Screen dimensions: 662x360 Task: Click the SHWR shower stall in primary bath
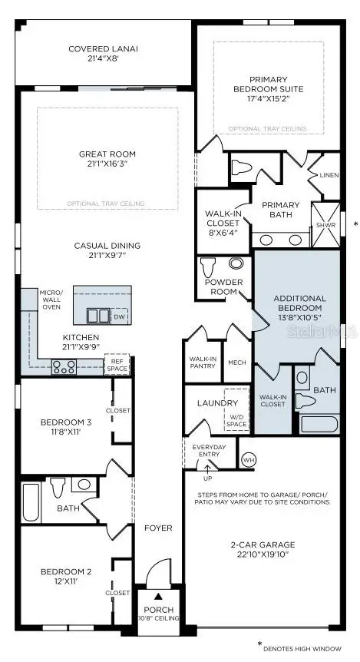[324, 224]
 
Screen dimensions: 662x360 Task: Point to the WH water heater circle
[248, 459]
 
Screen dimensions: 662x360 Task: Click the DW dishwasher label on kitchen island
[118, 316]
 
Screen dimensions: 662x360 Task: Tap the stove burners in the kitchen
[62, 366]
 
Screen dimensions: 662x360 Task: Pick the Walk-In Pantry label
[202, 363]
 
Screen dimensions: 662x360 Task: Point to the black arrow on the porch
[158, 595]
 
